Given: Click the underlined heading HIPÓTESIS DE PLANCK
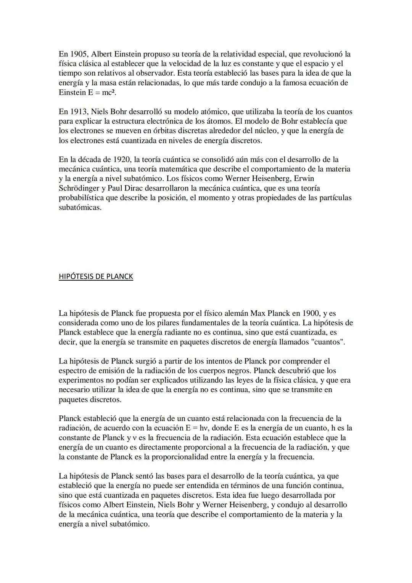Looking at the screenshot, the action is point(96,276).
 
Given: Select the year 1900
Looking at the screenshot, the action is point(311,313).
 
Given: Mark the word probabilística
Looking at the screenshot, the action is point(83,198).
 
